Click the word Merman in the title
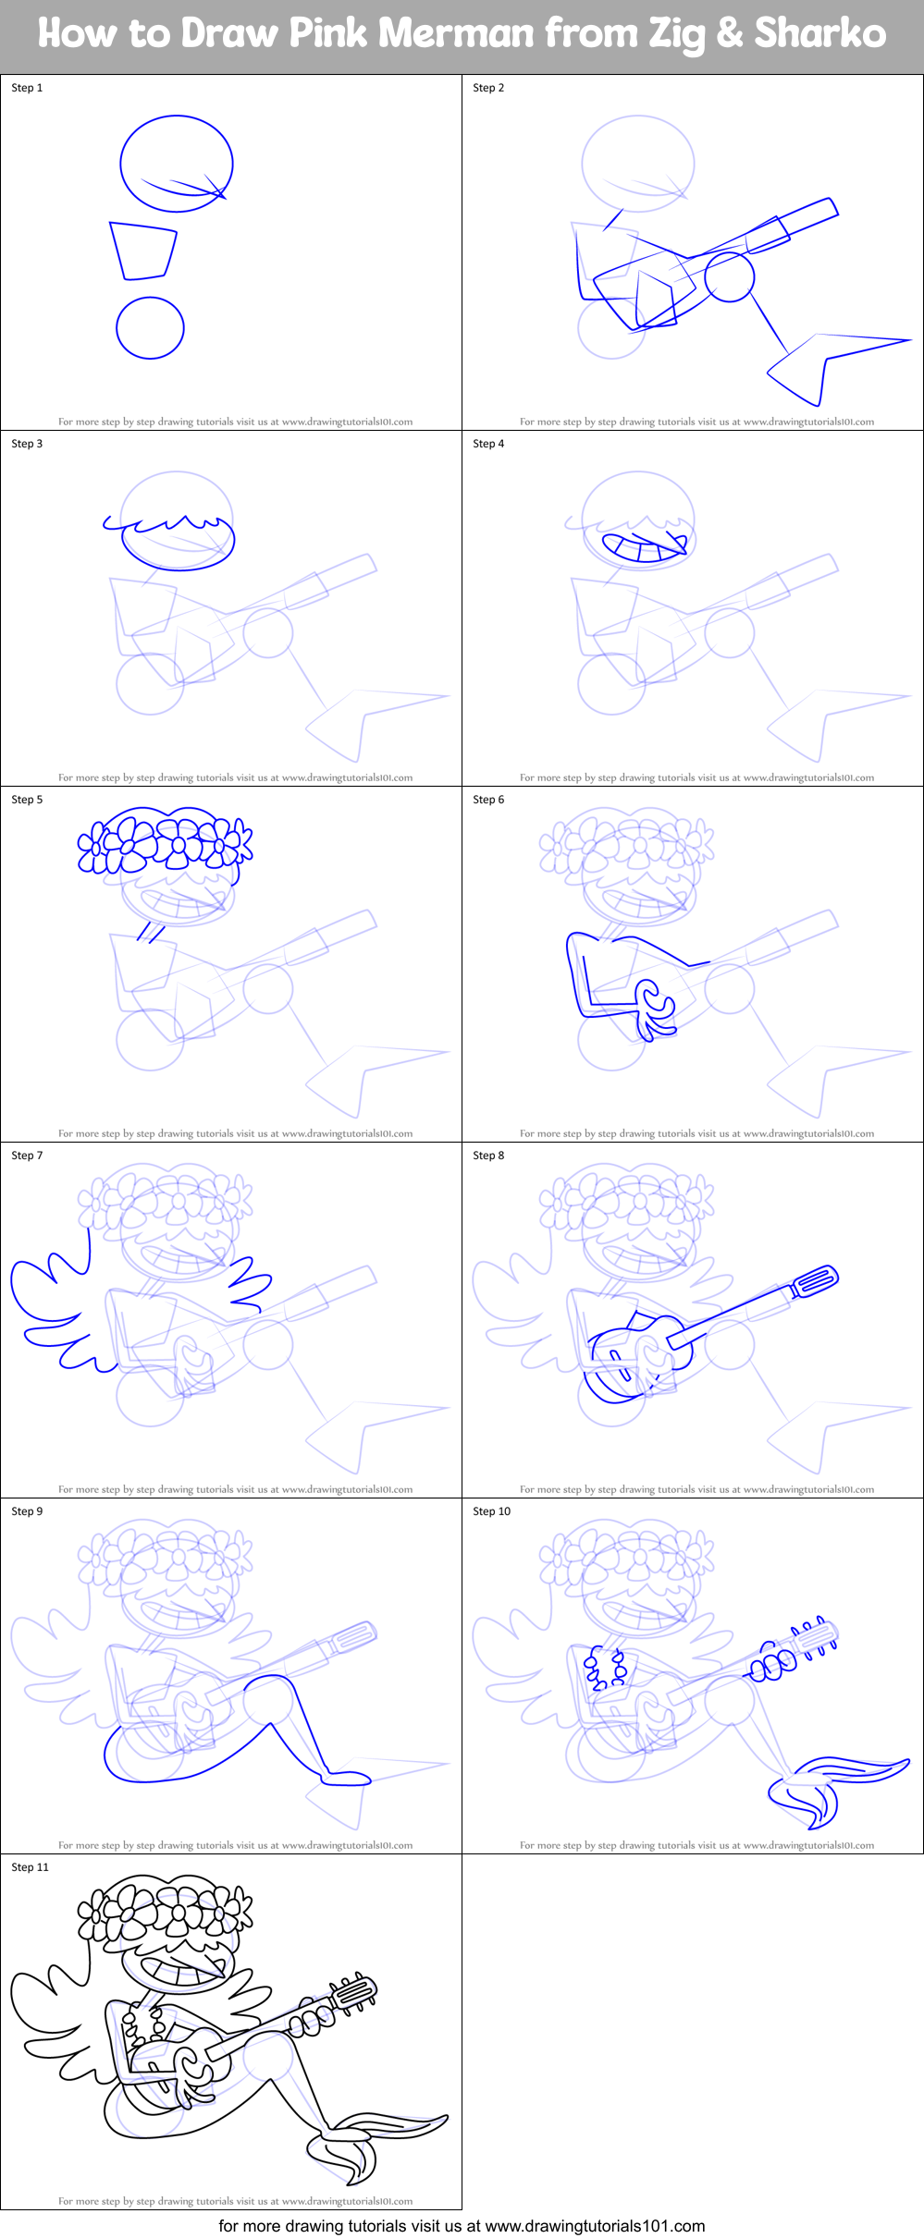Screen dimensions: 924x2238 (x=456, y=33)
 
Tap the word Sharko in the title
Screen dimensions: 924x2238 (x=820, y=33)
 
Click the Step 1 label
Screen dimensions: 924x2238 (x=27, y=88)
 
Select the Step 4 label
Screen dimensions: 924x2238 (x=488, y=444)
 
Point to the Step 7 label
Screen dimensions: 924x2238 (x=27, y=1156)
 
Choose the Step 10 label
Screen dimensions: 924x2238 (x=491, y=1511)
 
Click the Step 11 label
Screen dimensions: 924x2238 (x=30, y=1867)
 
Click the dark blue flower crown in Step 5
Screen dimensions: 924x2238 (x=165, y=840)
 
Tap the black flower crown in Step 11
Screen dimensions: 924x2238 (x=165, y=1908)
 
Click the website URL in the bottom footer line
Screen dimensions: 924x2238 (x=596, y=2226)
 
